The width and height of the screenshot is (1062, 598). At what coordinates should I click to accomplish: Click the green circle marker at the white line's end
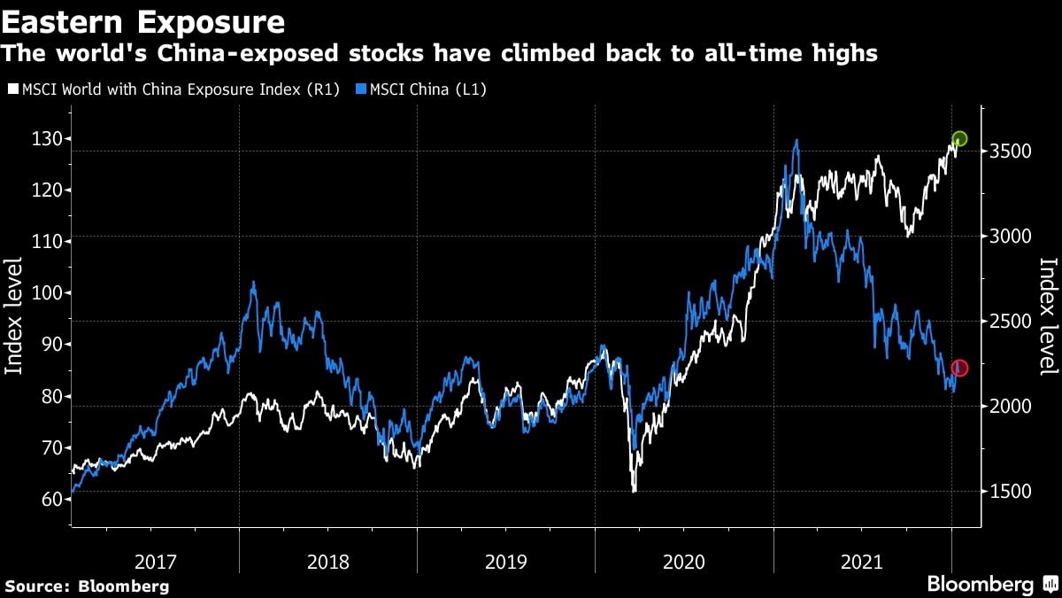pyautogui.click(x=960, y=139)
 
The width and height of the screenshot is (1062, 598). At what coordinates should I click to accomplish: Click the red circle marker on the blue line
pyautogui.click(x=959, y=368)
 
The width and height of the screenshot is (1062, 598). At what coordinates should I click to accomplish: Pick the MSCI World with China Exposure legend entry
pyautogui.click(x=173, y=89)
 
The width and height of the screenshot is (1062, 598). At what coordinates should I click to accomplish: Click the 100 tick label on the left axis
pyautogui.click(x=40, y=293)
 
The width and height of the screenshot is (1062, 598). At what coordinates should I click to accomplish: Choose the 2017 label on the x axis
pyautogui.click(x=155, y=562)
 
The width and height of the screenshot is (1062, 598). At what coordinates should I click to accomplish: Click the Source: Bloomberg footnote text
pyautogui.click(x=87, y=586)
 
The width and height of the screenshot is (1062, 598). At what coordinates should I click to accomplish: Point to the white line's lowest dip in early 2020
pyautogui.click(x=634, y=491)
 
